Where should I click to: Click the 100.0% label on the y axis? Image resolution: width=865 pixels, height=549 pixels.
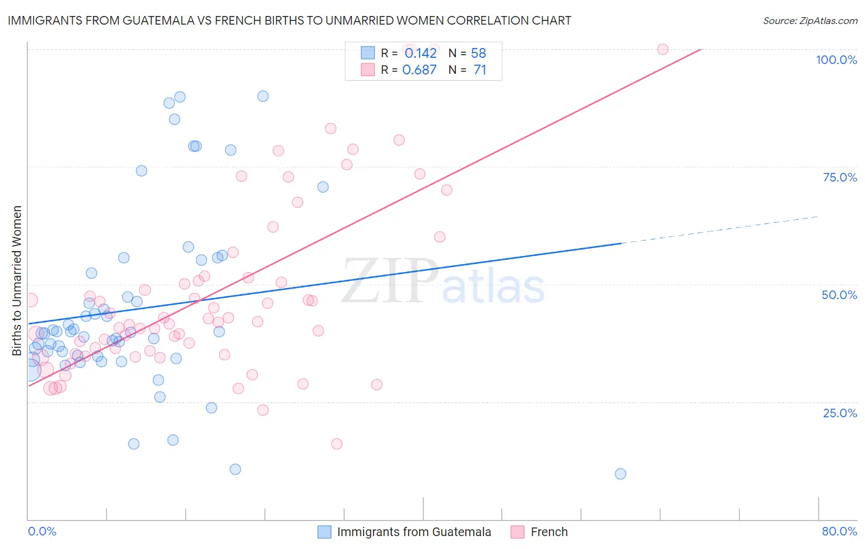(x=836, y=60)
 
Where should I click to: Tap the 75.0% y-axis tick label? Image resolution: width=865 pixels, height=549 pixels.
(x=840, y=177)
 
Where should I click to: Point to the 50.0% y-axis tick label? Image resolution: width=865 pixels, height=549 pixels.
(x=839, y=295)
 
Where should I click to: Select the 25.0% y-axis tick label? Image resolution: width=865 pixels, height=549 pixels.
(x=840, y=413)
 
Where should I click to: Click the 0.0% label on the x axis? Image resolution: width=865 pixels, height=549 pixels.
(x=42, y=531)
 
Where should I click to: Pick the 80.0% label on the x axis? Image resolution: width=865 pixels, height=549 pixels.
(x=839, y=531)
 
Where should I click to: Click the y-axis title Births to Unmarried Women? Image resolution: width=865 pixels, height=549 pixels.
(x=17, y=281)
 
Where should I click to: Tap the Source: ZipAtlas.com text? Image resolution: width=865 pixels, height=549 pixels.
(x=810, y=21)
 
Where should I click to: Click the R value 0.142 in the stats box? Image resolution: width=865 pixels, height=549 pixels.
(x=420, y=53)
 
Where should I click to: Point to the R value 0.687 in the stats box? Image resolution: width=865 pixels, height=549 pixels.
(x=419, y=70)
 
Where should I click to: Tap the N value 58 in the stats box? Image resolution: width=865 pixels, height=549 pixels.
(x=478, y=53)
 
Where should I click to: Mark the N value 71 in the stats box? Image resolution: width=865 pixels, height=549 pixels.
(x=480, y=70)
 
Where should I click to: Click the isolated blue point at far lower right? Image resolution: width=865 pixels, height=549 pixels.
(x=620, y=474)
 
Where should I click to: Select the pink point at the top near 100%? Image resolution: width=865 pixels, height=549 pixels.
(x=663, y=49)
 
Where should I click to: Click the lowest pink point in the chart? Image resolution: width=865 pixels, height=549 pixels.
(x=337, y=444)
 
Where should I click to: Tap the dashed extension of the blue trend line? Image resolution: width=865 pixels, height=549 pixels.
(x=720, y=230)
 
